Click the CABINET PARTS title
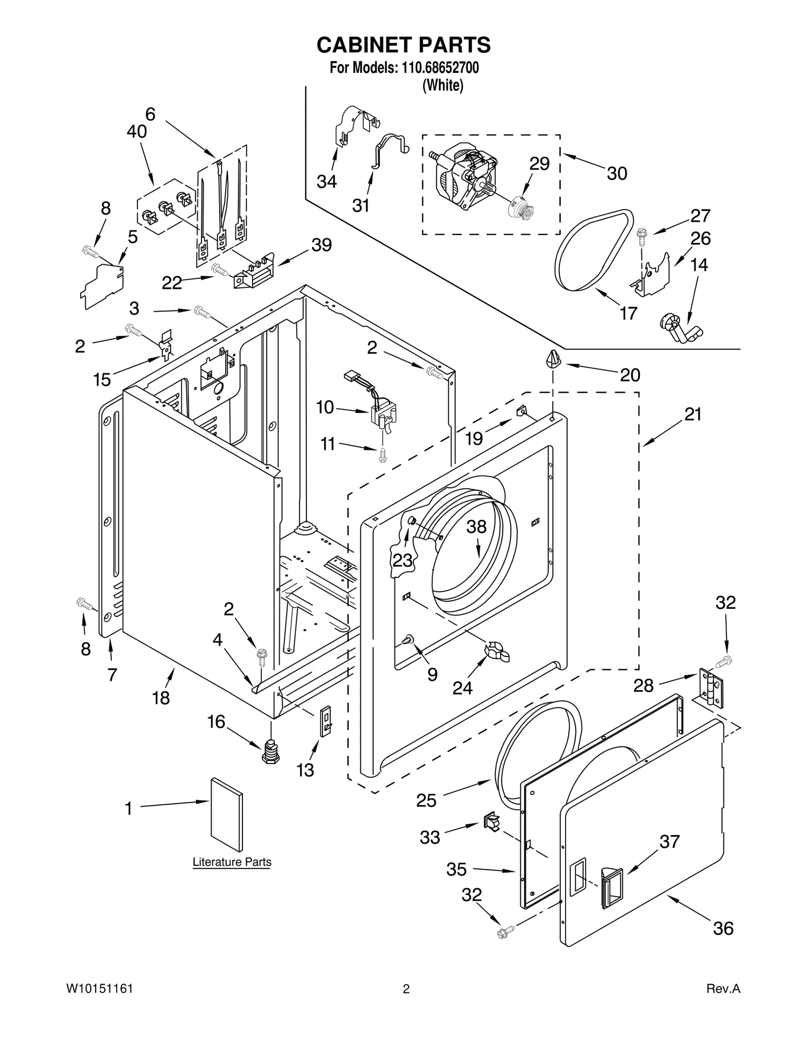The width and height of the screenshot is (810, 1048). point(403,45)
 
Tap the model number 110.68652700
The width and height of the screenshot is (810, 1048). point(440,67)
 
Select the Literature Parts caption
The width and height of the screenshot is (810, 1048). point(232,861)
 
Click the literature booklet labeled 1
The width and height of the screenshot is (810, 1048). point(226,814)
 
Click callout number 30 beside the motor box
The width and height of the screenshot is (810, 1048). point(617,174)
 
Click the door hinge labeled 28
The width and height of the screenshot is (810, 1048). point(712,687)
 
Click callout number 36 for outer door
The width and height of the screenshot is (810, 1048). point(722,928)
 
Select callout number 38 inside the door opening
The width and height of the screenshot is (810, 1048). point(476,527)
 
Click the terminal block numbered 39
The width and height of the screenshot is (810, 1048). point(253,274)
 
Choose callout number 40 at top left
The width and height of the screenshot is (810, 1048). point(137,132)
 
